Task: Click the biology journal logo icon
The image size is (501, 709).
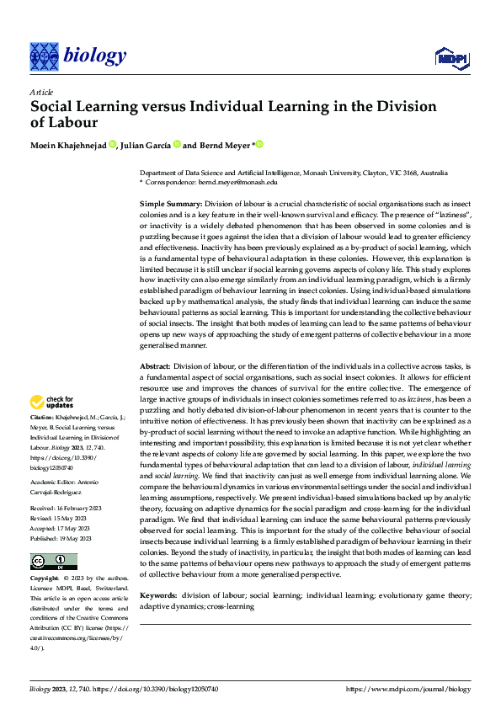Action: [43, 56]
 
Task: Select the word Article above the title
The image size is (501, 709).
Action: [41, 92]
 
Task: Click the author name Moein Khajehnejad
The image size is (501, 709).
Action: [67, 144]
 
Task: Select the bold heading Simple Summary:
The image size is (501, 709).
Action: [170, 205]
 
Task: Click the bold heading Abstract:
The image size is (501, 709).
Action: [155, 366]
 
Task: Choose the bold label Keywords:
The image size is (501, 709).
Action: [158, 594]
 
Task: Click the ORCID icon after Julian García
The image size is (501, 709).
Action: [178, 144]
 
